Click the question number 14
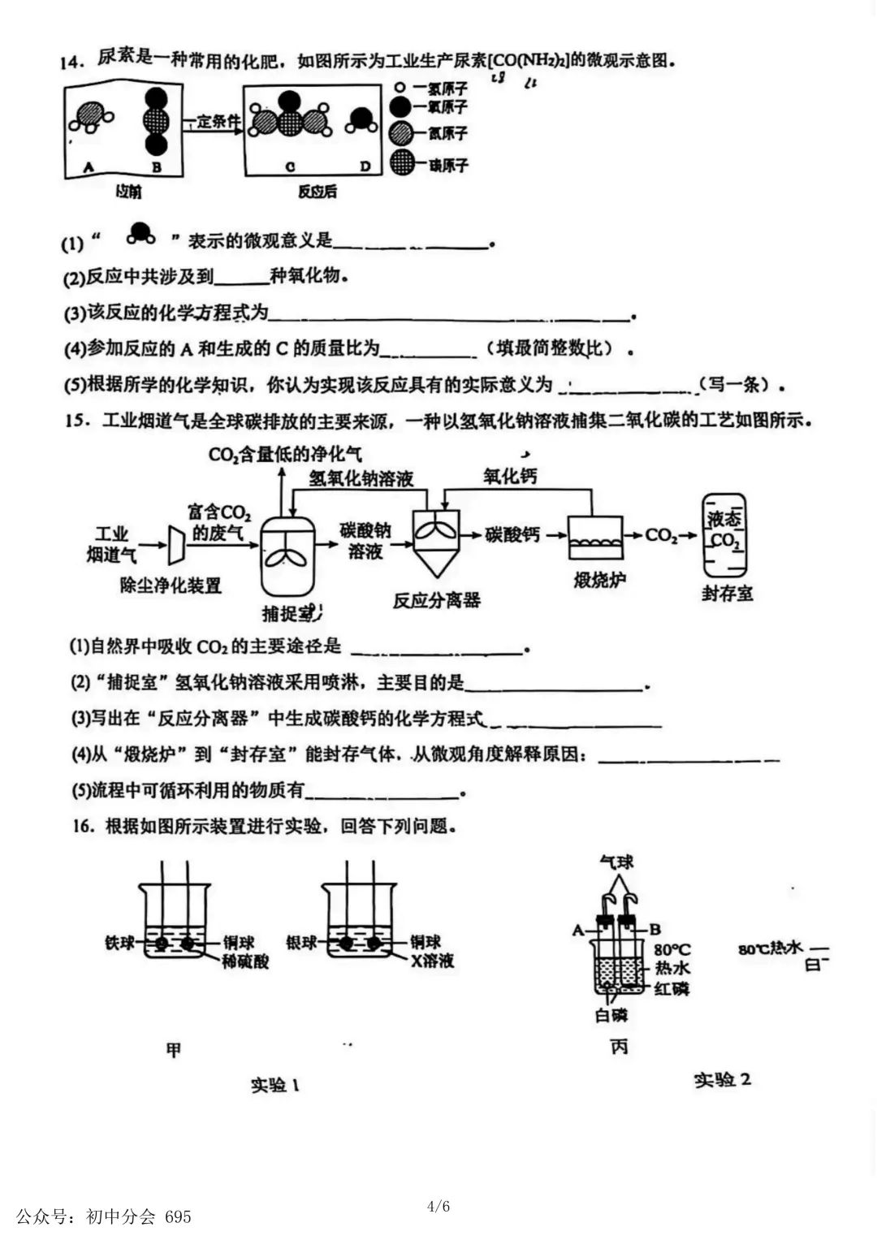pyautogui.click(x=73, y=62)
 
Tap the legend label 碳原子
pyautogui.click(x=448, y=165)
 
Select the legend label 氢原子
pyautogui.click(x=448, y=88)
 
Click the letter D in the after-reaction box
pyautogui.click(x=365, y=166)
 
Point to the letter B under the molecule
pyautogui.click(x=156, y=167)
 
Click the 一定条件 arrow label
pyautogui.click(x=214, y=122)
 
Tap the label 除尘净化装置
pyautogui.click(x=171, y=585)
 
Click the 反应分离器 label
pyautogui.click(x=437, y=600)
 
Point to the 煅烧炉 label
pyautogui.click(x=599, y=580)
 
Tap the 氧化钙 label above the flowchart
pyautogui.click(x=510, y=476)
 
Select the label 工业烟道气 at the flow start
pyautogui.click(x=112, y=544)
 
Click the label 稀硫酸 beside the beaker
pyautogui.click(x=245, y=961)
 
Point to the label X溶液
pyautogui.click(x=432, y=961)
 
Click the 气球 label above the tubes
pyautogui.click(x=616, y=862)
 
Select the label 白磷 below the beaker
pyautogui.click(x=611, y=1014)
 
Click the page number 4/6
pyautogui.click(x=438, y=1206)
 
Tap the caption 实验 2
pyautogui.click(x=722, y=1079)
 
